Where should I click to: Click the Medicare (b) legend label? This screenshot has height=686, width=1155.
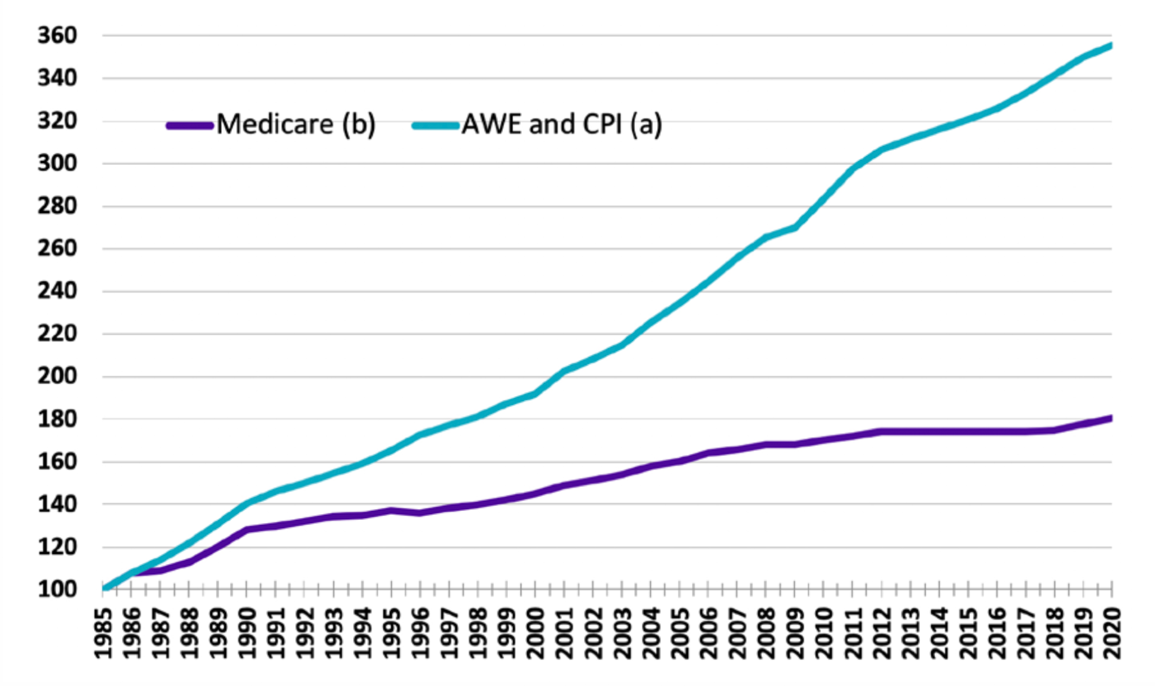pos(296,124)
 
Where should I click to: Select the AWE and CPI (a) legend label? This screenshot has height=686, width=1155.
pos(562,124)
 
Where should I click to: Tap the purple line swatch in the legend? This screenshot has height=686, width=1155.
pos(189,125)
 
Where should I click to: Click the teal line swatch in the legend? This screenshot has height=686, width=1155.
pos(435,125)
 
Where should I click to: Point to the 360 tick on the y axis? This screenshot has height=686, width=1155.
pos(57,35)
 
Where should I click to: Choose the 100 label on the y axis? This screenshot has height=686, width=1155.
pos(57,589)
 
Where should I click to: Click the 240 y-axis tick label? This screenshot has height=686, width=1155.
pos(57,291)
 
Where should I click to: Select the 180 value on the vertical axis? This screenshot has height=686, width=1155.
pos(57,419)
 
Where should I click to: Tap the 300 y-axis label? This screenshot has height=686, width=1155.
pos(57,163)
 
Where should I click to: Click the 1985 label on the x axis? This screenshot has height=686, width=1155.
pos(103,633)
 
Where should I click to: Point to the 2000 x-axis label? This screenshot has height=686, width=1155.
pos(536,633)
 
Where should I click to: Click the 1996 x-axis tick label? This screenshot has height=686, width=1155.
pos(420,633)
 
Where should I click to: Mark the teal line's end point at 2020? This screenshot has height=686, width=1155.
pos(1111,45)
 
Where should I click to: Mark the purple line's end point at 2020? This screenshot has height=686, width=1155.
pos(1111,418)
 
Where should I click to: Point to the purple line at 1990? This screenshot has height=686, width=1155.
pos(247,529)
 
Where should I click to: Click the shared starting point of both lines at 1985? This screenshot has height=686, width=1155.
pos(104,589)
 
